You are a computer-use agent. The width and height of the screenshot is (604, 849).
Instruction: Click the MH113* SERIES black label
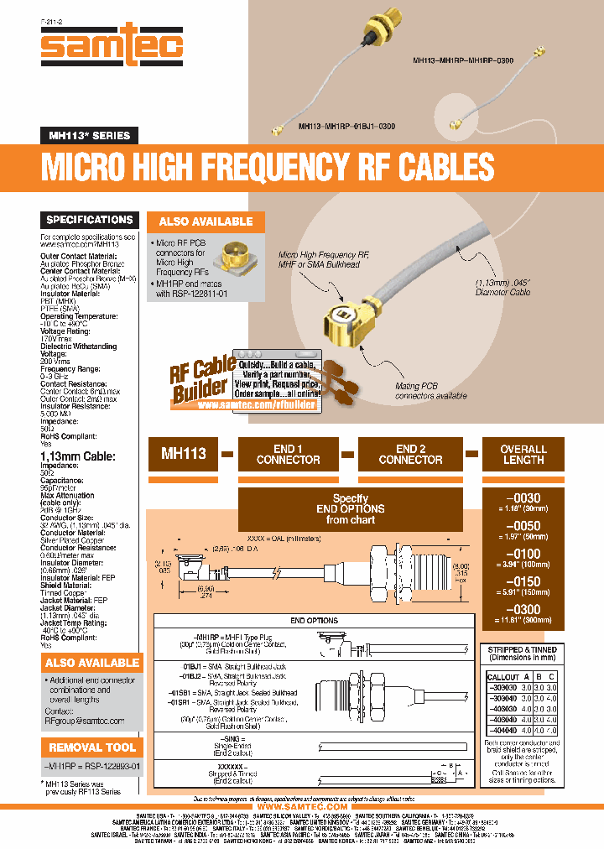click(88, 135)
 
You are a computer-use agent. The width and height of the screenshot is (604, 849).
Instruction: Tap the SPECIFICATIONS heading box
click(90, 220)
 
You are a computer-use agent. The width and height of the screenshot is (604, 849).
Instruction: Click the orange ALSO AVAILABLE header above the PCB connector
click(206, 221)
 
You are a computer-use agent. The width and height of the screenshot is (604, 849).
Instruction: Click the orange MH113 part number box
click(183, 453)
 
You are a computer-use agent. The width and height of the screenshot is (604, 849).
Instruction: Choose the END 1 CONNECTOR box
click(288, 454)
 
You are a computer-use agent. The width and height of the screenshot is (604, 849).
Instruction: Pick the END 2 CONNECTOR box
click(410, 454)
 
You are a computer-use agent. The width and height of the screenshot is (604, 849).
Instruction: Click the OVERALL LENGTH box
click(523, 454)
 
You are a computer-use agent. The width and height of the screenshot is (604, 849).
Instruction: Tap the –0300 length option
click(523, 610)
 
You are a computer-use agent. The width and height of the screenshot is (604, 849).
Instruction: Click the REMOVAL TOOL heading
click(92, 747)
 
